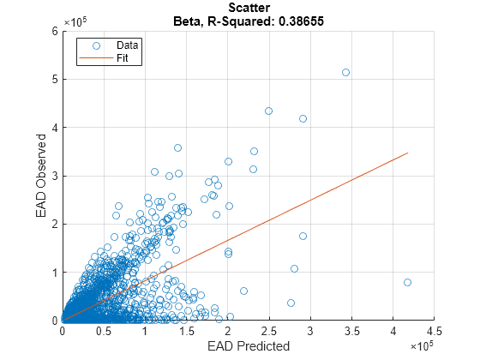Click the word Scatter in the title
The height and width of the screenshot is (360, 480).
(x=248, y=7)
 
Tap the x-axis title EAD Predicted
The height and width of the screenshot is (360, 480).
(x=248, y=346)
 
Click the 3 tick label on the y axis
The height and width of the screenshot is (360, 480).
(x=54, y=176)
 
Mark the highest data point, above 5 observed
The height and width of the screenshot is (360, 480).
(x=345, y=73)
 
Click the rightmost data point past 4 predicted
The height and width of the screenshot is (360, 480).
(x=407, y=282)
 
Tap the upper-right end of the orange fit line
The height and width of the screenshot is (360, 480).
(x=407, y=153)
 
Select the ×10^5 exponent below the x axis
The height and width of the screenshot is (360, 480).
(x=422, y=344)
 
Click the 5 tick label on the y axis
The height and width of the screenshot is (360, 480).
(x=54, y=79)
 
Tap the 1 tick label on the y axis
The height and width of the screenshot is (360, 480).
(x=54, y=273)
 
